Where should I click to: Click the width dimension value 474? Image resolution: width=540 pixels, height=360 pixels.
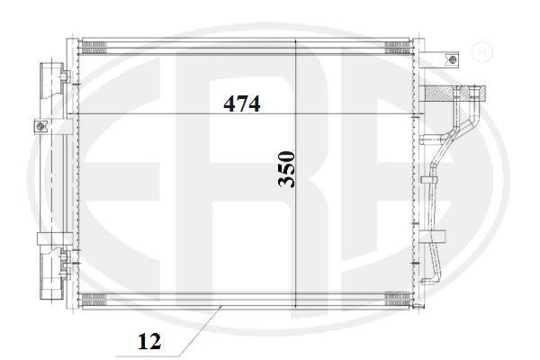click(x=242, y=103)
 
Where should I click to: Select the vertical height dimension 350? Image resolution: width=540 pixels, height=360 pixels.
click(x=286, y=169)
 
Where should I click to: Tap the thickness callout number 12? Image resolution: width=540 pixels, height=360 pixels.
click(x=149, y=341)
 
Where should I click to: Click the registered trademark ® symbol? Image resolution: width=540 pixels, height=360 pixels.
click(x=482, y=51)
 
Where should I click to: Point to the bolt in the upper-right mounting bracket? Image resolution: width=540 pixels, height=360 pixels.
click(x=453, y=58)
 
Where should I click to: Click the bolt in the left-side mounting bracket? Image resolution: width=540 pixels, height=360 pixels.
click(x=40, y=126)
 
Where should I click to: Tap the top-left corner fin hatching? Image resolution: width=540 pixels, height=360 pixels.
click(x=94, y=48)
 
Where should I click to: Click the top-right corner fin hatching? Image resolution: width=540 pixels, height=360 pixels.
click(x=398, y=48)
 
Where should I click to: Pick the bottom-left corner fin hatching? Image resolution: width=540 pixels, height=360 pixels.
click(x=94, y=300)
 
